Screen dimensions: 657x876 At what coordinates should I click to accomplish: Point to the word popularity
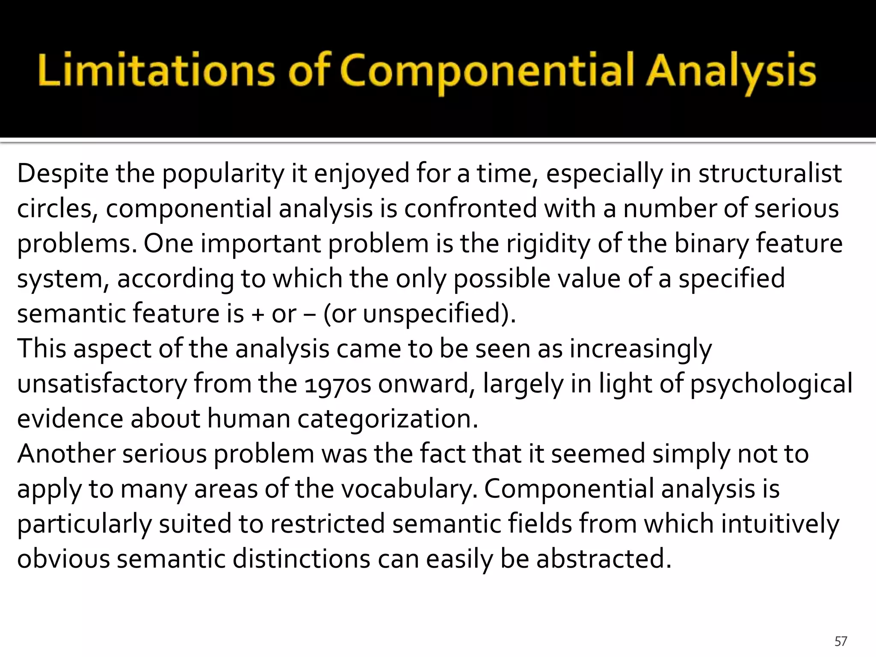222,174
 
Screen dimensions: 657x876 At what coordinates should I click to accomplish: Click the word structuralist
770,174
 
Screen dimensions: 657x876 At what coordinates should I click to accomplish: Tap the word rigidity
548,244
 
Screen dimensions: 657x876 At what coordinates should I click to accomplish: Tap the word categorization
387,419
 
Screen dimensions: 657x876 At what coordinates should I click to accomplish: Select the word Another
66,454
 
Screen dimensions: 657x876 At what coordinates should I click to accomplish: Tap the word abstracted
604,559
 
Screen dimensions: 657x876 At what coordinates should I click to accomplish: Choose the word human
248,419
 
